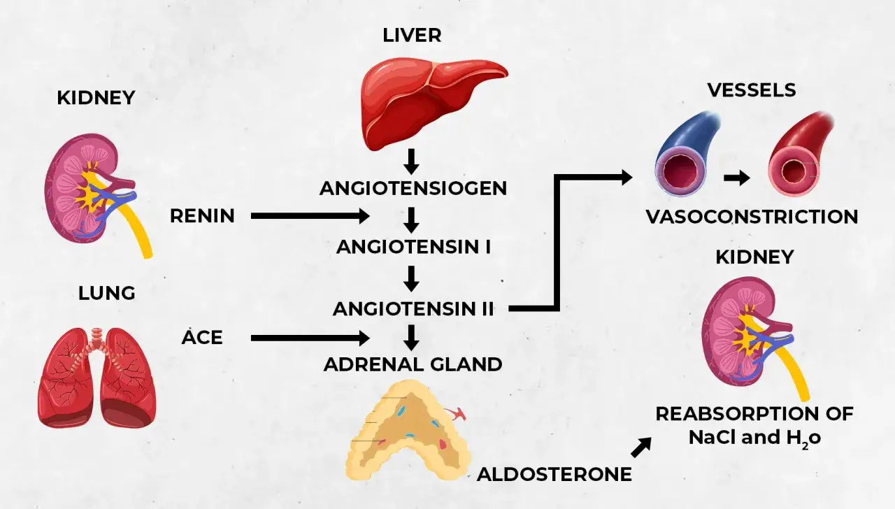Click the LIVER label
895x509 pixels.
tap(412, 35)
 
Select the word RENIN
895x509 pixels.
tap(202, 216)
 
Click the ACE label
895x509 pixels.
tap(202, 338)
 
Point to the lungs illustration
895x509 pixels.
tap(96, 378)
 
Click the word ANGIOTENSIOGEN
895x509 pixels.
tap(413, 188)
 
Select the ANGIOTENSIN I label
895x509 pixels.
tap(413, 247)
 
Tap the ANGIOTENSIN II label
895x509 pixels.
tap(413, 309)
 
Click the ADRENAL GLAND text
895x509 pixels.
tap(413, 364)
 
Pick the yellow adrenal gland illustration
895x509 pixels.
tap(408, 429)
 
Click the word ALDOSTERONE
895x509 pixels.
tap(554, 474)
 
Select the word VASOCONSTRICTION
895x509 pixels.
tap(752, 217)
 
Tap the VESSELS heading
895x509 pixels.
tap(752, 90)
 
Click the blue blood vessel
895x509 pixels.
tap(687, 154)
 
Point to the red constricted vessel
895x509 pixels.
tap(799, 154)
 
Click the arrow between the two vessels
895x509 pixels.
tap(737, 178)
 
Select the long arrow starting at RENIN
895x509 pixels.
tap(310, 216)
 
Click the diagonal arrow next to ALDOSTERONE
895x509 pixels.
tap(641, 447)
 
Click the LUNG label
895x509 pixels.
tap(107, 293)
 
